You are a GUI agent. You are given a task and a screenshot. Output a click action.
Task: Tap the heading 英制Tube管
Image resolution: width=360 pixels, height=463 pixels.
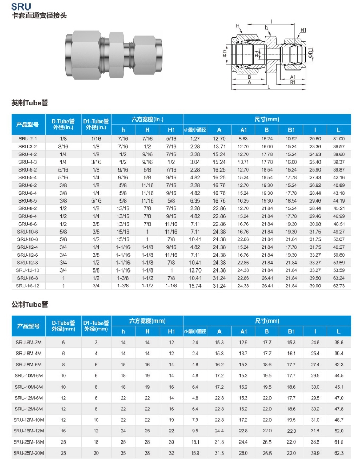[x=29, y=103]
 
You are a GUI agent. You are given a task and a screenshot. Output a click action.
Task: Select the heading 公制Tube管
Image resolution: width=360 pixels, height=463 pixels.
[x=29, y=304]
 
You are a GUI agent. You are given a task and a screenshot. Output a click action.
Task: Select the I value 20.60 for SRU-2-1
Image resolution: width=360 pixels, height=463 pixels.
[x=315, y=138]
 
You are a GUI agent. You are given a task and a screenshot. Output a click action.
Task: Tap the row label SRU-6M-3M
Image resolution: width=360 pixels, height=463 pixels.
[x=27, y=342]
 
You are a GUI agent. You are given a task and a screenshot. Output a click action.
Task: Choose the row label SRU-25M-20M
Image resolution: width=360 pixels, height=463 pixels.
[x=27, y=452]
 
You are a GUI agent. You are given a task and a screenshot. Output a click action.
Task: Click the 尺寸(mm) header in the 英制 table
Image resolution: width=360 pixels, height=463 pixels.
[x=267, y=119]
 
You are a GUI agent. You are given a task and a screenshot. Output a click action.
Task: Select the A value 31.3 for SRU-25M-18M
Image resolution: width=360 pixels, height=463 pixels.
[x=219, y=441]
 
